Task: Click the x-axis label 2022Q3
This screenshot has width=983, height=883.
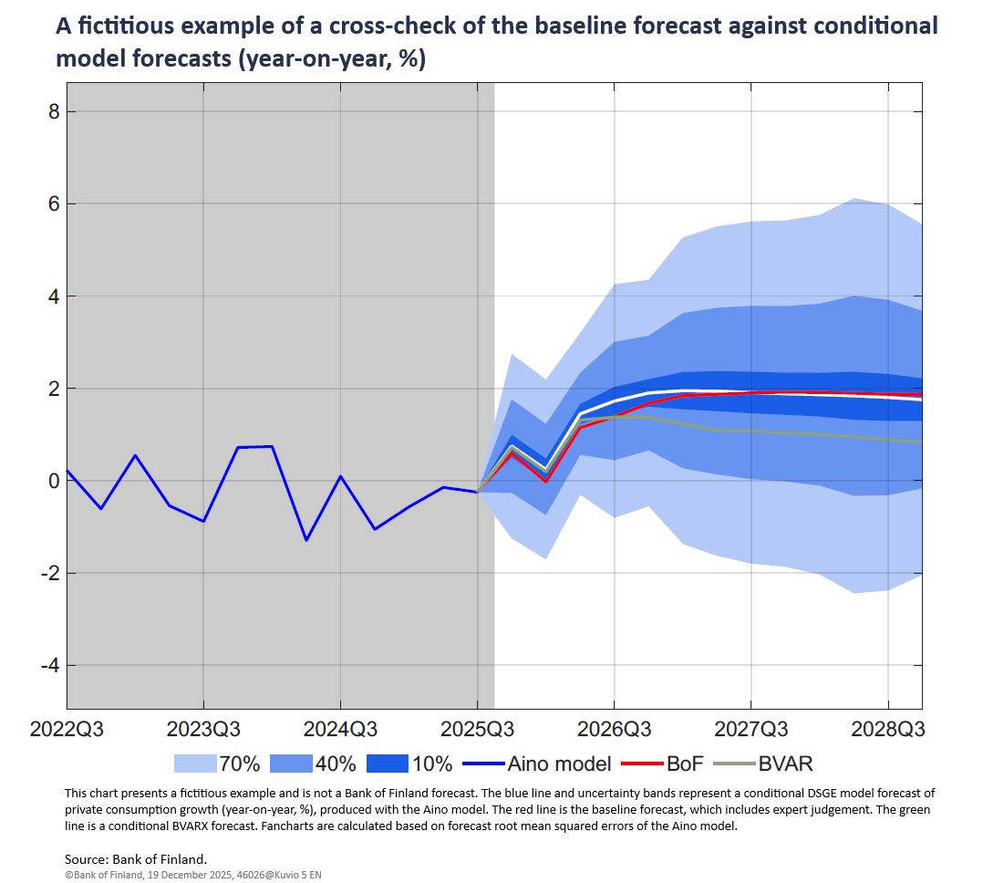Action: pos(67,730)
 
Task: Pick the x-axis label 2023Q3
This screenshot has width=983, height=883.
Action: pos(203,730)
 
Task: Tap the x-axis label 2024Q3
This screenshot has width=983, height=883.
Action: pos(340,730)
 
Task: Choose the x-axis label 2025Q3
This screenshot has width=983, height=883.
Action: pos(477,730)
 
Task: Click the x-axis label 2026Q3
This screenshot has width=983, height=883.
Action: pos(614,730)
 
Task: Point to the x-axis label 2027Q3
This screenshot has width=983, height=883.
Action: pos(750,730)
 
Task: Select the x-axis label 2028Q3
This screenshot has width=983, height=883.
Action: pos(888,730)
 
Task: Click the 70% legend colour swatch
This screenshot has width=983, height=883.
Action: pos(194,763)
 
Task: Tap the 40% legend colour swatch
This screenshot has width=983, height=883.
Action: pos(292,763)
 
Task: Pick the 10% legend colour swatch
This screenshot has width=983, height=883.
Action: pos(388,763)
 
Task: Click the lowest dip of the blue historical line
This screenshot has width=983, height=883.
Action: pos(305,540)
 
